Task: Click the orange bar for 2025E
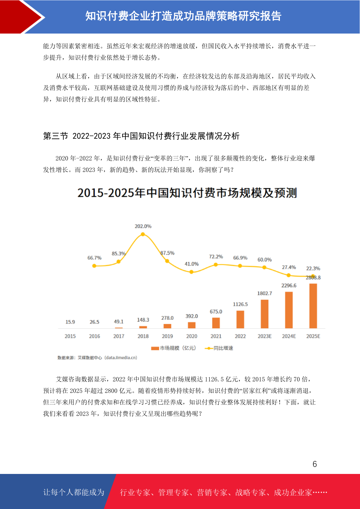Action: pos(313,306)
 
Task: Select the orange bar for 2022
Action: pos(240,319)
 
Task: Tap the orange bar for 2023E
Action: pos(264,314)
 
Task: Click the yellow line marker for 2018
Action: pos(143,234)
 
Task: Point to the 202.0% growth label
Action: pos(143,226)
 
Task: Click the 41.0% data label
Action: pos(192,264)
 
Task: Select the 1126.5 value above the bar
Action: pos(240,304)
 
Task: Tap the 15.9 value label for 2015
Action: pos(70,322)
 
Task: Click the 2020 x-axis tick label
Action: pos(192,336)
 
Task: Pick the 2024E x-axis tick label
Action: pos(289,336)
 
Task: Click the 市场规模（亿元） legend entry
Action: pos(174,348)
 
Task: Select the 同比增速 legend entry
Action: pos(219,348)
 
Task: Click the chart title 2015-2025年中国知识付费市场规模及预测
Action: pos(187,193)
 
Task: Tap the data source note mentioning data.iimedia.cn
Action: pos(97,358)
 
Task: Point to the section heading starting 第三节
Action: pos(141,136)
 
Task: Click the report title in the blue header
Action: pos(183,16)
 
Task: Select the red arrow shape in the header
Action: pos(21,17)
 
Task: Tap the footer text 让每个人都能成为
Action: pos(74,492)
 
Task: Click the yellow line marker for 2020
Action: pos(192,272)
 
